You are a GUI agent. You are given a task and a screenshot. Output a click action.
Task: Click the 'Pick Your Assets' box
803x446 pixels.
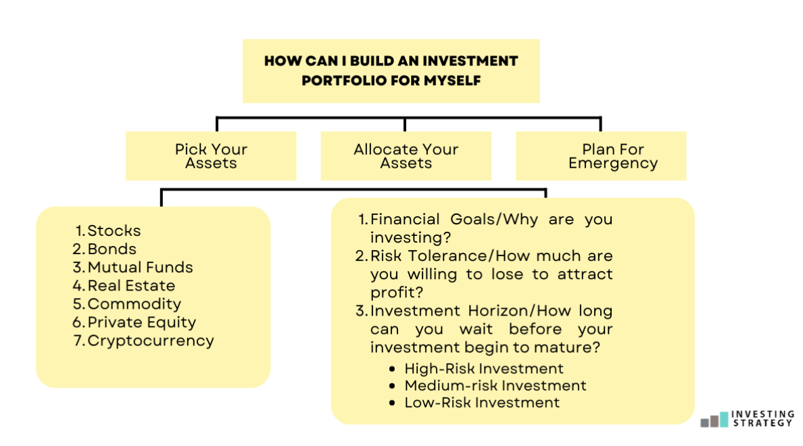211,156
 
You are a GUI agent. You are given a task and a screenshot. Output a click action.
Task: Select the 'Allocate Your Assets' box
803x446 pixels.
406,156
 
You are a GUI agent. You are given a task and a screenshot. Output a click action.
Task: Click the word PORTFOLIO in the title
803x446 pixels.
339,80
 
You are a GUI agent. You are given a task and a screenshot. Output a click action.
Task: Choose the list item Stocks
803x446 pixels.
114,230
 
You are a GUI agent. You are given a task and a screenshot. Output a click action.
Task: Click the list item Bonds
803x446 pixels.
112,249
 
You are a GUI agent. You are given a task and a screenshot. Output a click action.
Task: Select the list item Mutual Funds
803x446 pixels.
140,267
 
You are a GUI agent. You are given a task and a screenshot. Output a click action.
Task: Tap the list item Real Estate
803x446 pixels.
131,285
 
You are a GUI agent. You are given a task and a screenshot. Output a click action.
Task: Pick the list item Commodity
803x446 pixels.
134,303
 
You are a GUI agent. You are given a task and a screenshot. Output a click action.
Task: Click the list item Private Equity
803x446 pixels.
141,322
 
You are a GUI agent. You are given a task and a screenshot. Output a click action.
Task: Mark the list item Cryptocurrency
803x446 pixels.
150,341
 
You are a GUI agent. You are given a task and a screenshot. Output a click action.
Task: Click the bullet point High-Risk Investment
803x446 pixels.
484,369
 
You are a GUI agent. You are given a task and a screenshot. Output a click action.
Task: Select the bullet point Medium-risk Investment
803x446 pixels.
495,386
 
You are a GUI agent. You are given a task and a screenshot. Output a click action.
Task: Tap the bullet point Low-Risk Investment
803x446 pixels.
482,403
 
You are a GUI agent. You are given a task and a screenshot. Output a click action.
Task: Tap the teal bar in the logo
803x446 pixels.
725,419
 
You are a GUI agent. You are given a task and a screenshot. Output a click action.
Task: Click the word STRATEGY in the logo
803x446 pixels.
762,423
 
